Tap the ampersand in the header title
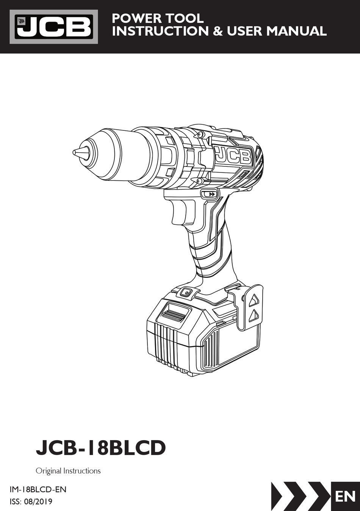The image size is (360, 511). coord(218,31)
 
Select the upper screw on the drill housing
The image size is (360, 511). coord(201,134)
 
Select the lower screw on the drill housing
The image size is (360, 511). coord(200,181)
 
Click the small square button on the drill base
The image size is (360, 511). coord(186,292)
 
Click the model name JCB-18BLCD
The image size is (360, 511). coord(101,448)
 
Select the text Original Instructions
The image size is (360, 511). coord(68,471)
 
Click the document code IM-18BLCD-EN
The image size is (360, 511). coord(38,489)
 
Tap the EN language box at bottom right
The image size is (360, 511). coord(345,496)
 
